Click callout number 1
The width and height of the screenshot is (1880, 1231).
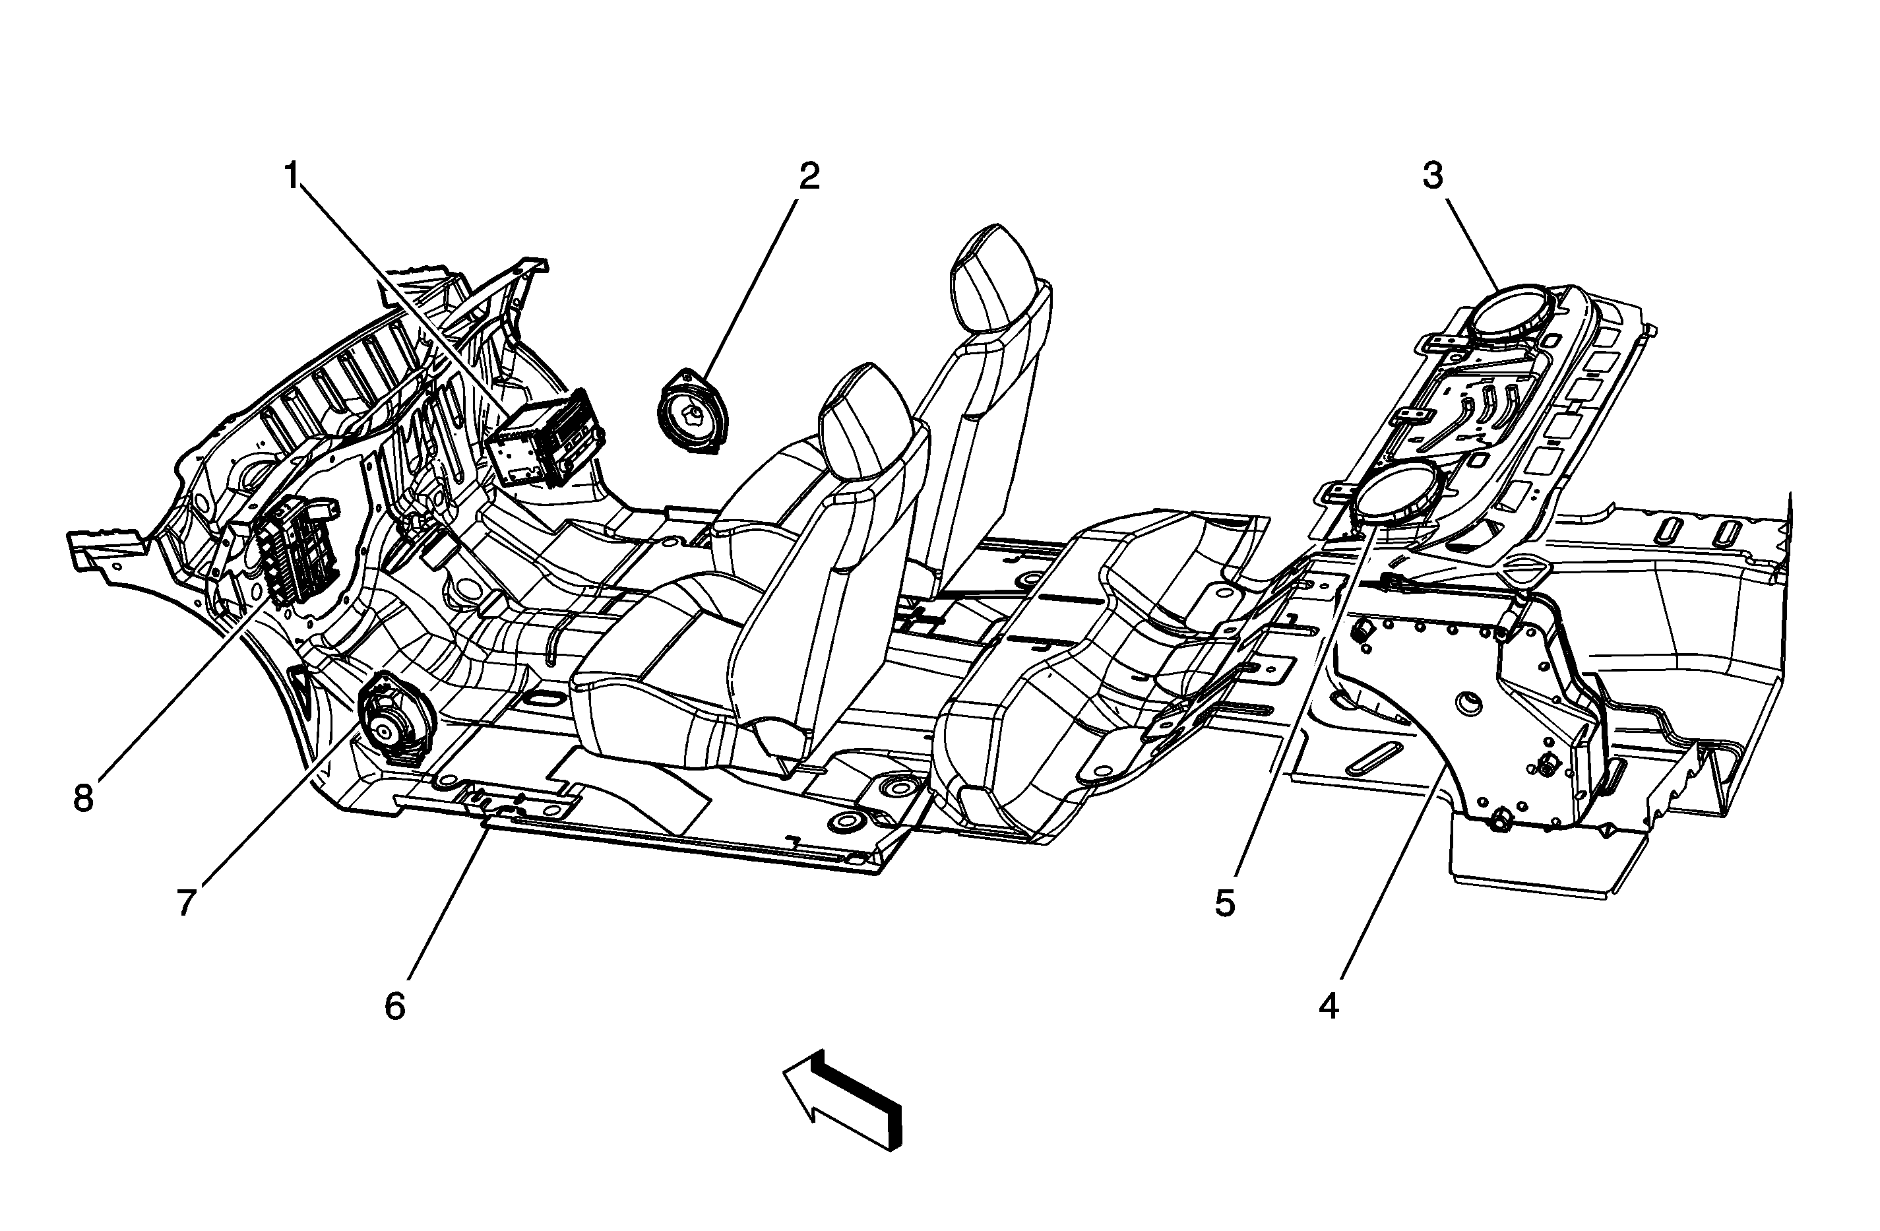(x=292, y=176)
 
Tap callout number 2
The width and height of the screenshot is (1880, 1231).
(x=808, y=176)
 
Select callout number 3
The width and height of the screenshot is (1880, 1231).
(x=1433, y=176)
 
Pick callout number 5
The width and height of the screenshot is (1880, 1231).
(x=1224, y=903)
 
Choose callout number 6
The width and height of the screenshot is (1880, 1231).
(x=394, y=1006)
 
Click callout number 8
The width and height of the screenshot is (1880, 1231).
(x=84, y=798)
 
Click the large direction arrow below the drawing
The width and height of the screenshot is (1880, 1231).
(x=845, y=1098)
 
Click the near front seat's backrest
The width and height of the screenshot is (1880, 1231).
(x=829, y=600)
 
